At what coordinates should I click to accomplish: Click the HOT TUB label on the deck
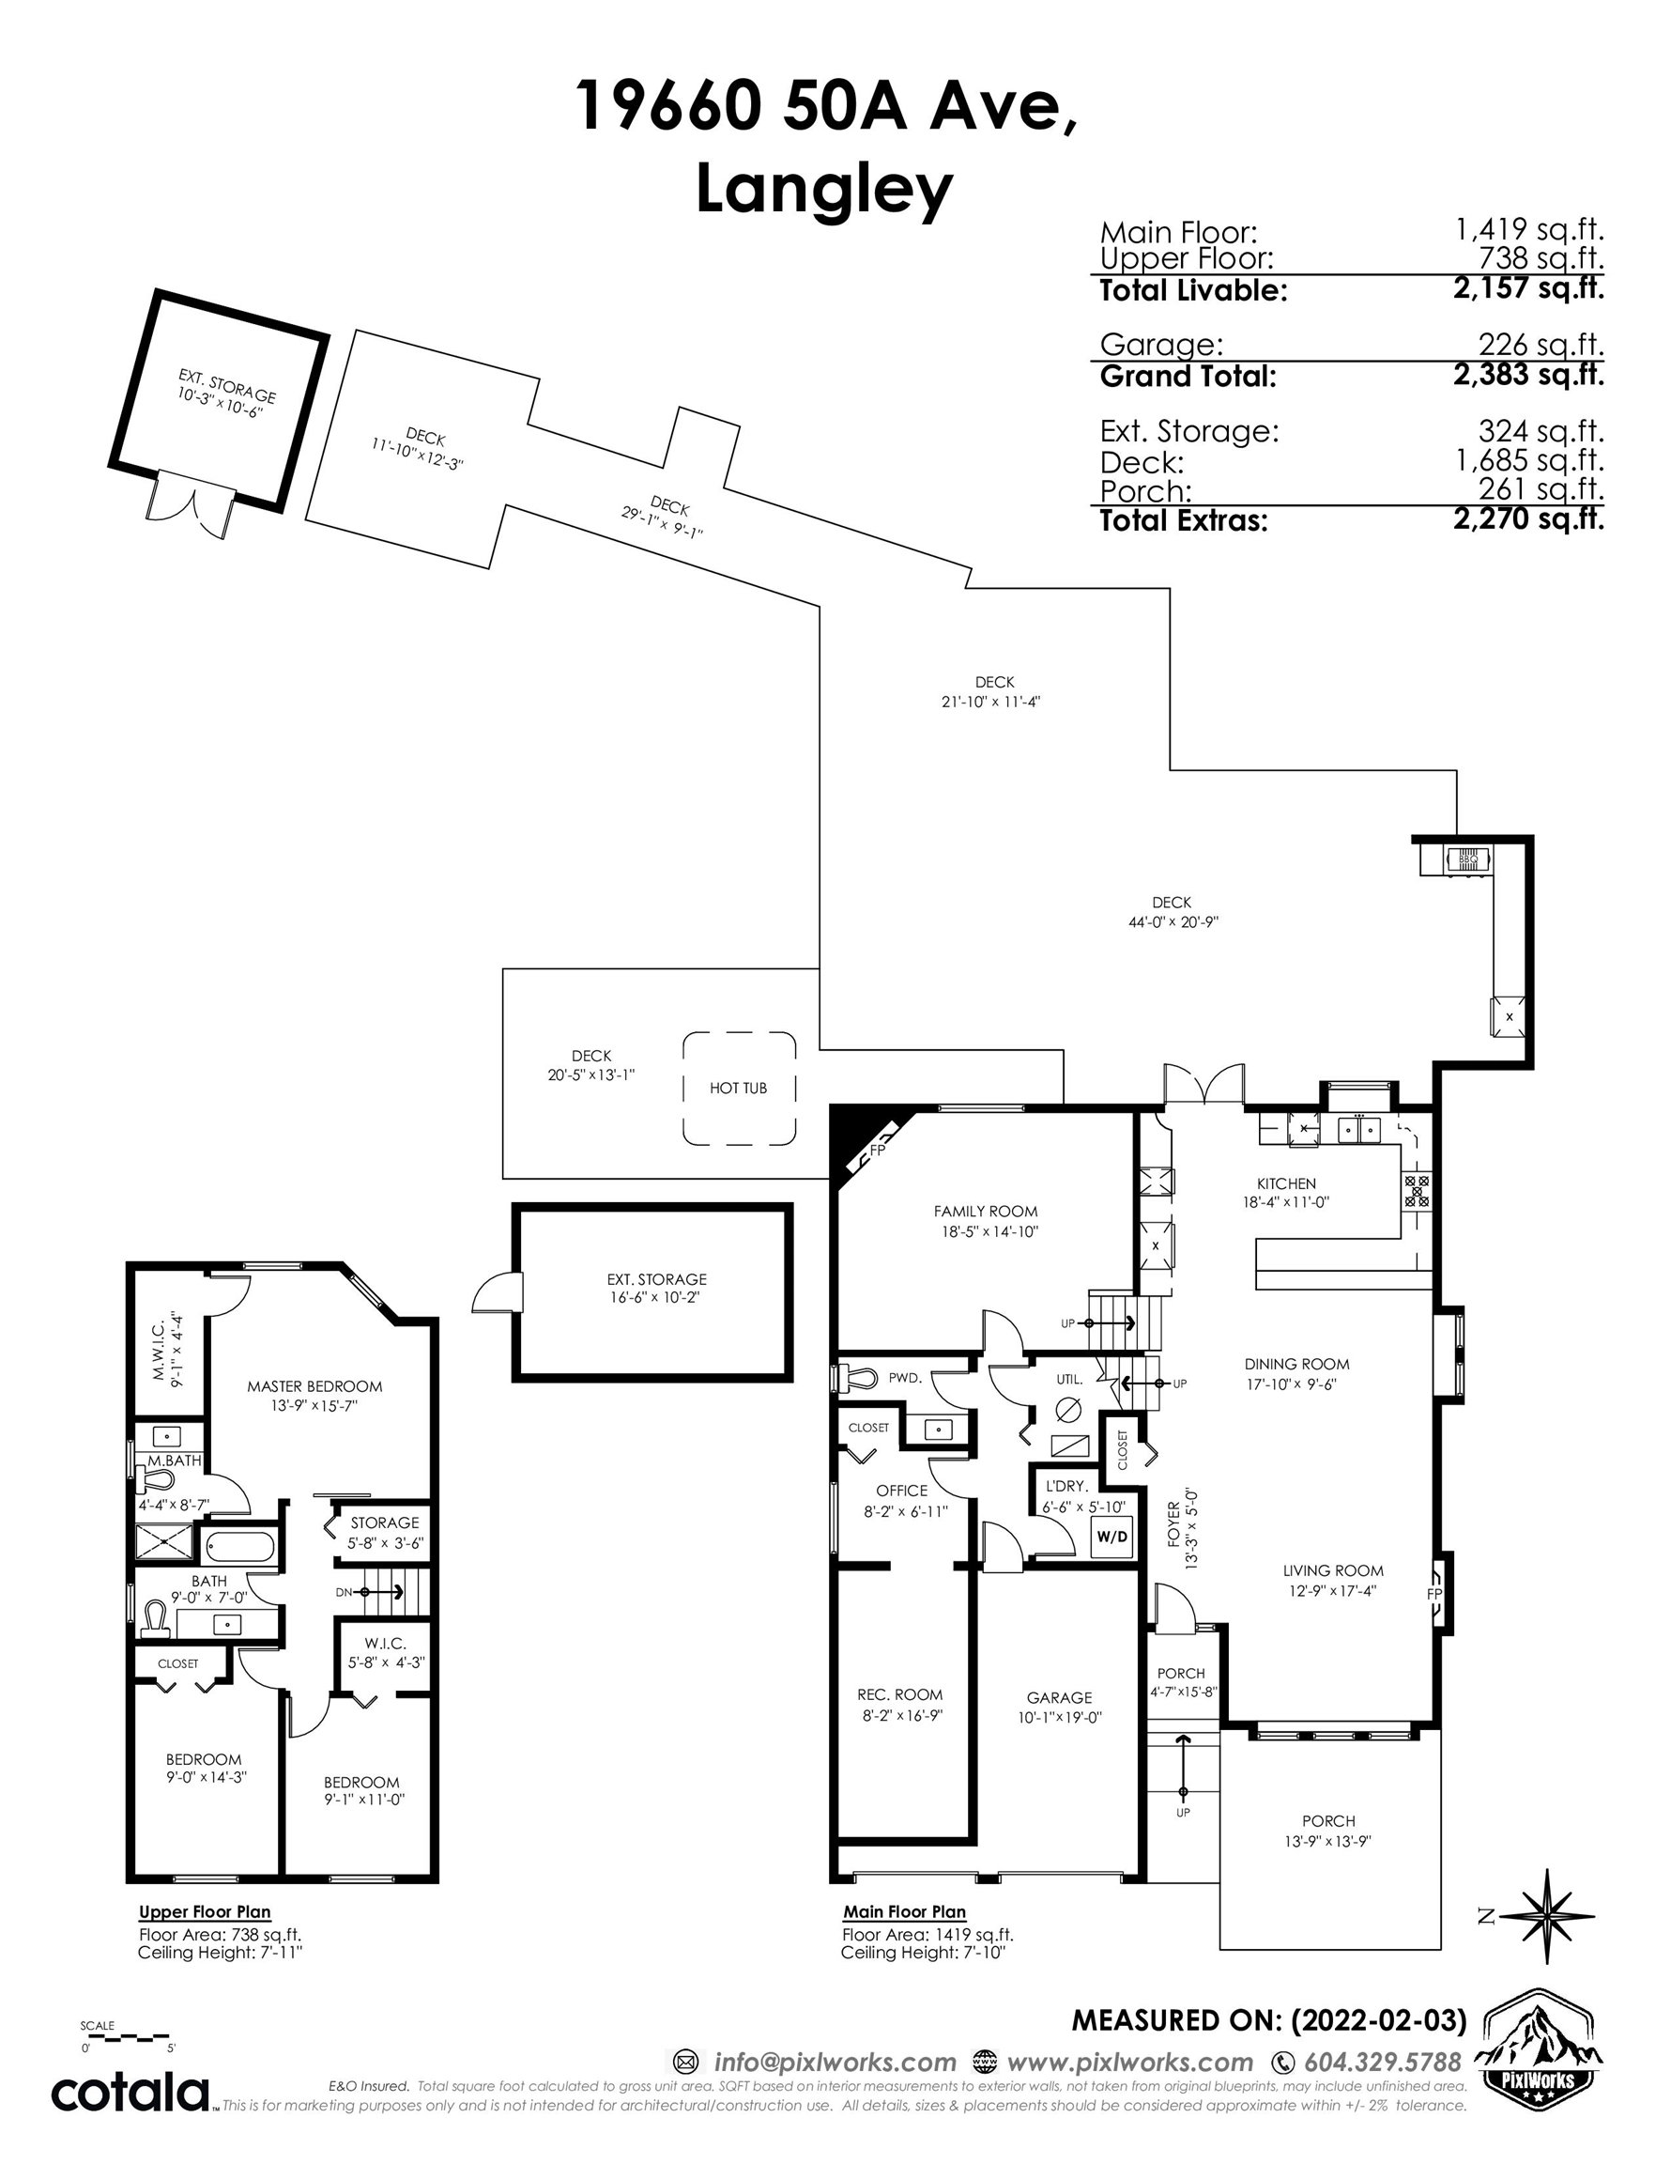(x=738, y=1088)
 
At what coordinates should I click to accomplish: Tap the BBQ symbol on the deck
(x=1468, y=860)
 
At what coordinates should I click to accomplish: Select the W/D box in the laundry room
(x=1111, y=1537)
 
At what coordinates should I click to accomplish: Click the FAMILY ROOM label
(x=986, y=1211)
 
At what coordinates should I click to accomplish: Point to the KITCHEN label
(x=1286, y=1183)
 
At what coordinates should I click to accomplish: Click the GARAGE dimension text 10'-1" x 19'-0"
(x=1059, y=1717)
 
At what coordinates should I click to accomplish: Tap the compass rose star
(x=1546, y=1916)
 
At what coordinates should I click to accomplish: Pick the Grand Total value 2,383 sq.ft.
(x=1528, y=376)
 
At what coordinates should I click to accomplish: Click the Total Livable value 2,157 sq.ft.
(x=1528, y=289)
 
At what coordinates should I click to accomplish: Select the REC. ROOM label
(x=899, y=1694)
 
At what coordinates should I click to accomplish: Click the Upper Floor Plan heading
(x=204, y=1912)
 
